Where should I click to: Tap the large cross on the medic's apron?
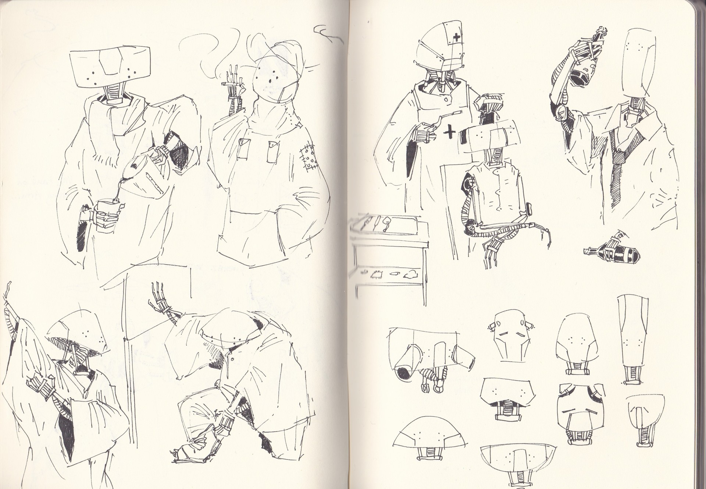click(x=449, y=131)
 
